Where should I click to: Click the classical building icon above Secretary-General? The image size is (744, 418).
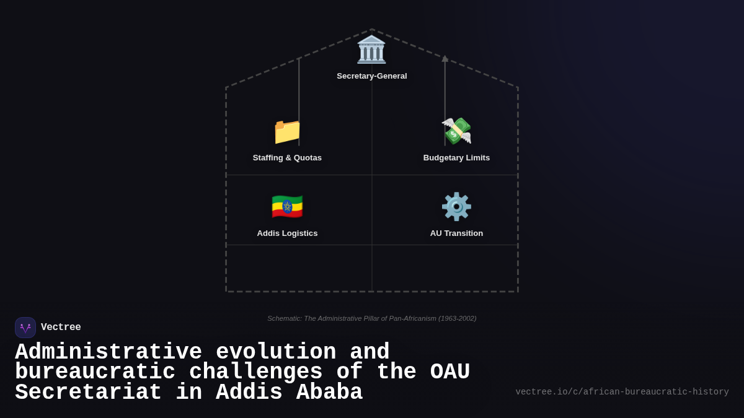coord(371,50)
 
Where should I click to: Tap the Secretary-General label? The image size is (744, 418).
coord(372,76)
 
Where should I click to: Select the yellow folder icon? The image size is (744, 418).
coord(287,131)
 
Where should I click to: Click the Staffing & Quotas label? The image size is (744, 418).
coord(287,158)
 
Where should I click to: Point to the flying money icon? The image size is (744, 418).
coord(456,131)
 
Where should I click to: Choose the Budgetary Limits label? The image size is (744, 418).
coord(456,158)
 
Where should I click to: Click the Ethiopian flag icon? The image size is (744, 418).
coord(287,207)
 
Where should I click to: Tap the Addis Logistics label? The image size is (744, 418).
coord(287,233)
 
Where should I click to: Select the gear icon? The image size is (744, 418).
coord(456,207)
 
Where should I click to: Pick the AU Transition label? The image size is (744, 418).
coord(456,233)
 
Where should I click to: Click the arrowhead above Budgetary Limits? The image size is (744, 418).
coord(445,59)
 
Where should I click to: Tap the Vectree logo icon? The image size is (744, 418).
coord(25,328)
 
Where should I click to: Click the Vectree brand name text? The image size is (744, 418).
coord(61,328)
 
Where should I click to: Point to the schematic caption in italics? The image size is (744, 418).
coord(372,318)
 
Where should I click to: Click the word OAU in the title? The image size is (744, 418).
coord(450,372)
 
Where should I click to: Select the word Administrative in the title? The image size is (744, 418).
coord(108,352)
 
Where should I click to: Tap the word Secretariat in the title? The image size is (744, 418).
coord(88,393)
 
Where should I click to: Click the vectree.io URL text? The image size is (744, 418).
coord(622,392)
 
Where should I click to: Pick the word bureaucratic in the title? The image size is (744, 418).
coord(95,372)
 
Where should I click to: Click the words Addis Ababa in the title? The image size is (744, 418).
coord(289,393)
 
